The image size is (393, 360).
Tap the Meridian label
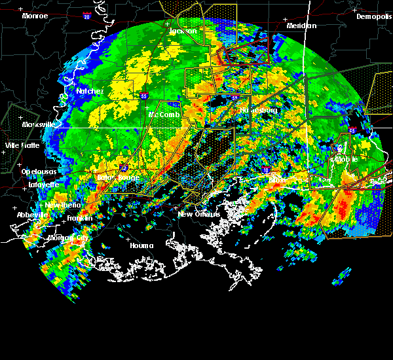click(301, 26)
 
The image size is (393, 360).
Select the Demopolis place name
click(373, 17)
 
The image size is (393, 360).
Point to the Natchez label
click(90, 92)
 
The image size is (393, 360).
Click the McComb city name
click(164, 115)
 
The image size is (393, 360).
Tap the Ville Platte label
click(22, 145)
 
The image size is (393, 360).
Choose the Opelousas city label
click(38, 171)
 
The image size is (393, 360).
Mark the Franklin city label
click(79, 218)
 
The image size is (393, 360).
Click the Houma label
click(141, 246)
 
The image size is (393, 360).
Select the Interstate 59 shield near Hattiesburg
click(234, 98)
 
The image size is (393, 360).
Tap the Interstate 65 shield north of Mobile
click(352, 131)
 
